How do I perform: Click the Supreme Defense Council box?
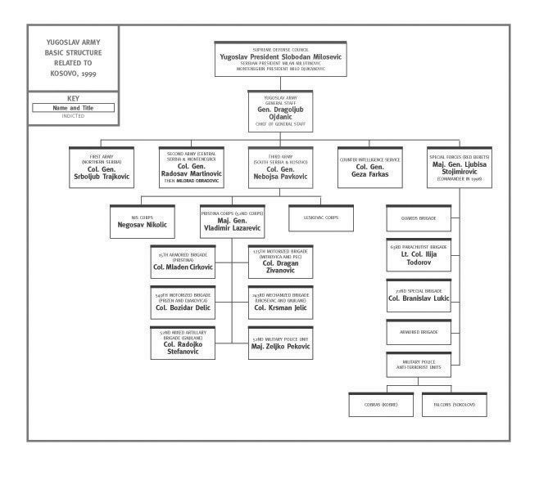click(280, 58)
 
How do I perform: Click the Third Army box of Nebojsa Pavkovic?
click(280, 167)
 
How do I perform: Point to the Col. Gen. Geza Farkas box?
click(370, 167)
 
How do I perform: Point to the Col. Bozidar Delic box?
click(183, 303)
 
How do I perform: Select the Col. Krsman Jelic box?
click(280, 303)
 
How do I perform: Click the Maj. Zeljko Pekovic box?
click(280, 343)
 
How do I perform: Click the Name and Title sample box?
click(72, 107)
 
